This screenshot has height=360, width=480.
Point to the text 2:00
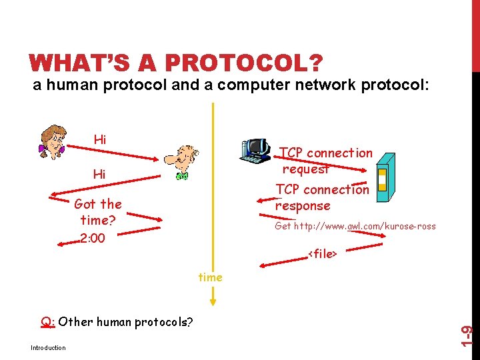click(92, 239)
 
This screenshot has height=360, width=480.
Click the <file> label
click(322, 253)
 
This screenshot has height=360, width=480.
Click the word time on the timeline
click(210, 277)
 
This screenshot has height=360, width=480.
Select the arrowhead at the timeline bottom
click(213, 301)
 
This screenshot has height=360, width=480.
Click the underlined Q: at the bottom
click(47, 323)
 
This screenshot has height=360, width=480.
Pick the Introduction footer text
click(48, 347)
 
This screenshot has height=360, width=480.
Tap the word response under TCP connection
click(303, 206)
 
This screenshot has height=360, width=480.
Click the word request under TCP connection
click(306, 169)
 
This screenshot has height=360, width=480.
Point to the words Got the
click(98, 204)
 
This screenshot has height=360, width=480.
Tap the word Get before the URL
click(283, 226)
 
